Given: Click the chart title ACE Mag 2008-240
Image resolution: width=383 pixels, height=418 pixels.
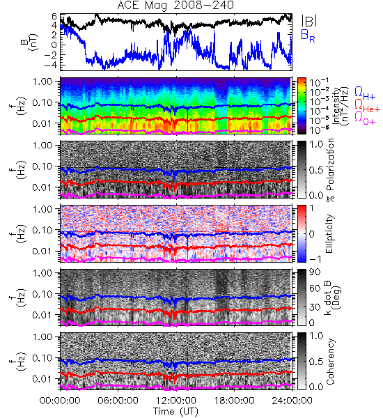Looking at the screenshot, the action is (x=175, y=6).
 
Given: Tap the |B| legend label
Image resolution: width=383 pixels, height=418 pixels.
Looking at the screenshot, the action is (x=309, y=20).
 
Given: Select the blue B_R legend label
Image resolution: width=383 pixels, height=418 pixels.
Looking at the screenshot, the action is (x=308, y=36).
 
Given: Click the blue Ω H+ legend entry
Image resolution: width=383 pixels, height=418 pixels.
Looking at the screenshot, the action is (x=365, y=93).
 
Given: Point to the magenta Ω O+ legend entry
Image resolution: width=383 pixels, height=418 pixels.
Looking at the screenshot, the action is (x=365, y=118).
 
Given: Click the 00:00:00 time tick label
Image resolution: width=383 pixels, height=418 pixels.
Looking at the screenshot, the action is (x=60, y=401).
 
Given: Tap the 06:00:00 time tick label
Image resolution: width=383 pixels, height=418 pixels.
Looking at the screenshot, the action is (x=118, y=401).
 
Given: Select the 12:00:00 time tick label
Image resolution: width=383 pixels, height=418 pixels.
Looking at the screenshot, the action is (x=176, y=401).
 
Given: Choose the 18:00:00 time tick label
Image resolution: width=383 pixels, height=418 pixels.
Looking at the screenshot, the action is (x=234, y=401).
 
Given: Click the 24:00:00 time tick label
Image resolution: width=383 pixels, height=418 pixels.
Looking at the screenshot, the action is (x=292, y=401).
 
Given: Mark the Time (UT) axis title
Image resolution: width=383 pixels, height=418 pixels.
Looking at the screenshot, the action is (x=176, y=411).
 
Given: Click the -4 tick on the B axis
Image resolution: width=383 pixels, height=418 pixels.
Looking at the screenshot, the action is (x=52, y=65).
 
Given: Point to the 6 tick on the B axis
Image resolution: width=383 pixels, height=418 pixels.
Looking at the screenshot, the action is (x=54, y=17).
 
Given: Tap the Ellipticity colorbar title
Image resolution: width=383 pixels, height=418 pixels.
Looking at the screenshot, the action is (x=329, y=233).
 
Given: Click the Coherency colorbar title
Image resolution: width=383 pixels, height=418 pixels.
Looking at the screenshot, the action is (x=329, y=362).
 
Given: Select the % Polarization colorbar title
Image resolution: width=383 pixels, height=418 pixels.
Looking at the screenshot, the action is (x=330, y=169).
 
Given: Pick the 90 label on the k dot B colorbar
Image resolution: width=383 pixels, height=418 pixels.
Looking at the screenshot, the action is (x=315, y=272).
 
